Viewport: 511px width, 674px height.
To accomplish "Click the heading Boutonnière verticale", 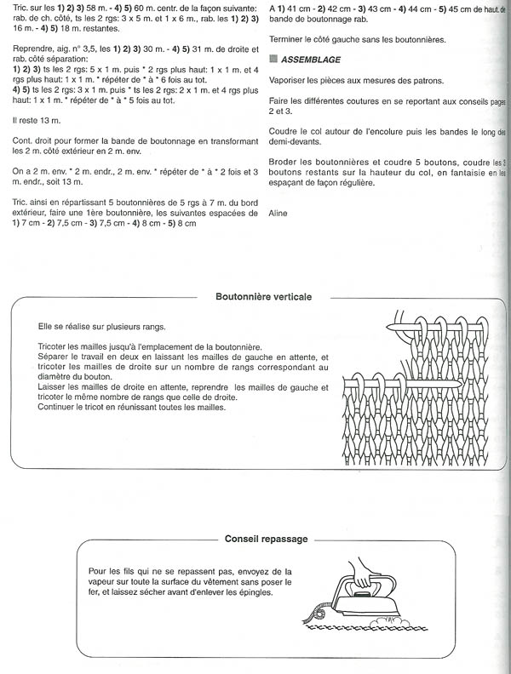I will pos(264,297).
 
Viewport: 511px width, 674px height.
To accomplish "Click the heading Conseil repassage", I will pos(267,539).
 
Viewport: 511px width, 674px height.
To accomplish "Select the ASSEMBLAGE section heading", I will pos(306,60).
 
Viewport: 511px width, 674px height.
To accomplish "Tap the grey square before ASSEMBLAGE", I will pos(272,60).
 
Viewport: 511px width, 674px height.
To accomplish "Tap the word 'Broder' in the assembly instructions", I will pos(283,163).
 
